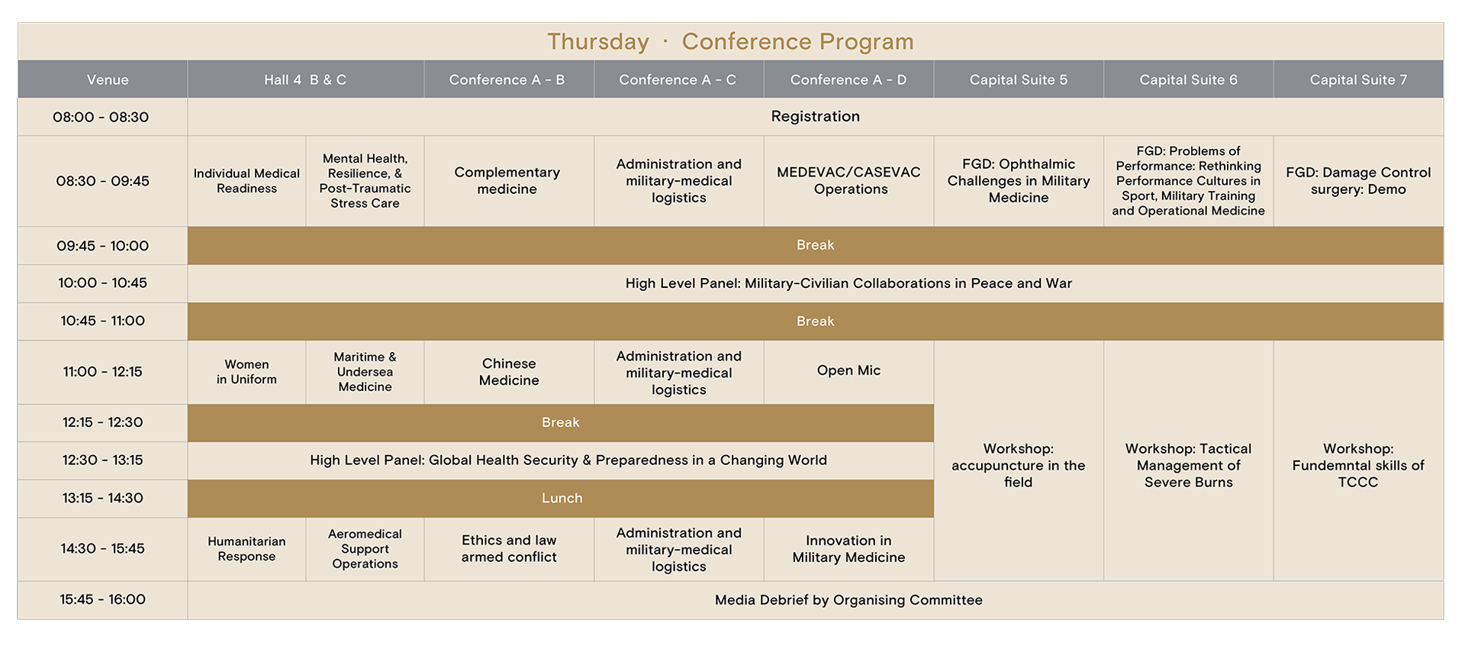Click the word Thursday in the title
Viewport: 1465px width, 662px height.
(598, 41)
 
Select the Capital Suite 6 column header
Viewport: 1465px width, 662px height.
(1188, 79)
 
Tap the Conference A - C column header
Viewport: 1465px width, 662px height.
(678, 79)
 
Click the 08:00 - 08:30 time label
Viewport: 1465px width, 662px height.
(101, 117)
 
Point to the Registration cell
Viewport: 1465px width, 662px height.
(815, 116)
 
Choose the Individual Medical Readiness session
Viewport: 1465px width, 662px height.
(246, 181)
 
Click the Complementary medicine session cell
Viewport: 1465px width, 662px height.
(507, 181)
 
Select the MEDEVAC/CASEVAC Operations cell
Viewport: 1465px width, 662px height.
(848, 181)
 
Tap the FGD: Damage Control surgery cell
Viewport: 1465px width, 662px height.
(1358, 181)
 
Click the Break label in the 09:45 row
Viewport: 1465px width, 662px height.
(815, 245)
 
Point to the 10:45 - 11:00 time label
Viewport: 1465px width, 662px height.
(102, 321)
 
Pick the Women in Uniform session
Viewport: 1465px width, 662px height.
(246, 372)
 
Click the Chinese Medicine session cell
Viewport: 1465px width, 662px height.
(509, 372)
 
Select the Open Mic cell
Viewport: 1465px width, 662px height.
(848, 370)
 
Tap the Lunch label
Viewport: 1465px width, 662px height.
(562, 498)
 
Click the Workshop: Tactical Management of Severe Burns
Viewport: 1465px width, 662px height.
(1188, 465)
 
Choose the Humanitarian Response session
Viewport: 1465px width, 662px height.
(246, 549)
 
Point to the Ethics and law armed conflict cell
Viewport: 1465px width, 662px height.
(509, 549)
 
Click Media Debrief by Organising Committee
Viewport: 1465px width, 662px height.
(848, 600)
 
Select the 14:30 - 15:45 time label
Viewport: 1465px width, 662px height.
(102, 548)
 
